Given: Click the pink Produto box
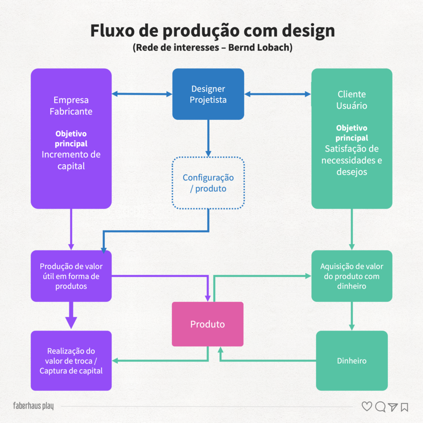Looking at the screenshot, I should (x=207, y=324).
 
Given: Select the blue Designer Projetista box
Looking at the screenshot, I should (x=208, y=94).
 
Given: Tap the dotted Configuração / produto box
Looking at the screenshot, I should (x=208, y=183).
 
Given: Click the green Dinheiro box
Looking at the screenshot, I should (x=352, y=361).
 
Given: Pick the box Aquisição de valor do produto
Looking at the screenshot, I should (x=352, y=276).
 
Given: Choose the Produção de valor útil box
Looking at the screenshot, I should (x=71, y=276).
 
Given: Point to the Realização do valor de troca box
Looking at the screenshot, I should (x=71, y=361).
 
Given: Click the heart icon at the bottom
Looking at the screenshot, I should (x=367, y=406).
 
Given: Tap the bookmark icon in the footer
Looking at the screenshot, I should (x=404, y=407).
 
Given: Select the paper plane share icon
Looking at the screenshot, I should (x=392, y=407).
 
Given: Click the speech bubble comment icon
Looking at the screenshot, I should (x=380, y=407).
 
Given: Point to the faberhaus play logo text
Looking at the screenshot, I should (x=33, y=406).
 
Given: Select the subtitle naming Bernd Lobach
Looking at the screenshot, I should (x=212, y=48).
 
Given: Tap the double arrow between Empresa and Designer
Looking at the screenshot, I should (x=142, y=94).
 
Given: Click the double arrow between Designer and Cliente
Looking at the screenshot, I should (x=278, y=94).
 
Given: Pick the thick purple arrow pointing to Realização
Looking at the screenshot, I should (x=71, y=316).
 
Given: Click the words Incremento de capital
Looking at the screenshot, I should (x=71, y=160).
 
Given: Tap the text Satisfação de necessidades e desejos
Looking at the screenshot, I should (x=352, y=160).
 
